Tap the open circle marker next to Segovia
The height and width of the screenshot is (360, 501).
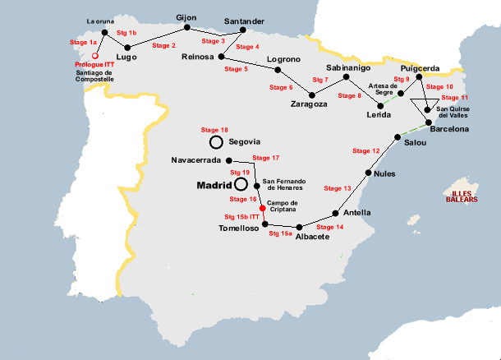click(x=216, y=141)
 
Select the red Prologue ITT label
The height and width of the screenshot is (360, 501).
click(x=94, y=64)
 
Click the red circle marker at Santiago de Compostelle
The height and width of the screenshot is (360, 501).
click(x=95, y=55)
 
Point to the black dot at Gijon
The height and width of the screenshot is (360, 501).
click(x=187, y=27)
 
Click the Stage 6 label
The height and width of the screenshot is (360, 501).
click(x=280, y=87)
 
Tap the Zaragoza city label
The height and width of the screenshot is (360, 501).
click(x=309, y=104)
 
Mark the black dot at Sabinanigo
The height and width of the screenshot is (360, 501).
click(x=347, y=77)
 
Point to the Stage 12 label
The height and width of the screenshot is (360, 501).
click(x=365, y=150)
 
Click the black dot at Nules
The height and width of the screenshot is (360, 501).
click(x=369, y=173)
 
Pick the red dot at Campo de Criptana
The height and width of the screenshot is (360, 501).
click(x=263, y=207)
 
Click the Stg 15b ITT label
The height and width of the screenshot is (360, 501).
click(x=241, y=216)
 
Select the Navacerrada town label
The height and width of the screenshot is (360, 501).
click(x=196, y=160)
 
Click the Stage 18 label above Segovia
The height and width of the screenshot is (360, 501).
click(x=214, y=130)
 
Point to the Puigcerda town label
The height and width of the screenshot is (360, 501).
click(x=421, y=69)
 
